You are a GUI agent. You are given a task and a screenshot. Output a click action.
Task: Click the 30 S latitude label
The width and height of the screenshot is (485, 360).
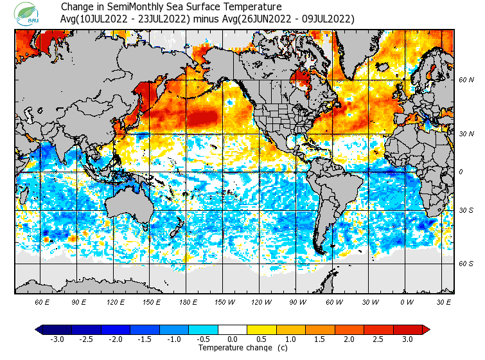point(466,211)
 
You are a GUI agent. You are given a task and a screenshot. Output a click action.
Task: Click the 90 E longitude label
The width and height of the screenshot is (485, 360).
point(79,302)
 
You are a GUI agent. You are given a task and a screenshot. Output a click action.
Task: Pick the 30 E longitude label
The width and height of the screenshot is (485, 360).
point(444,302)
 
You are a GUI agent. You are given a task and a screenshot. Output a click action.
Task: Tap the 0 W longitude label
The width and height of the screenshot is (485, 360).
point(407,302)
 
